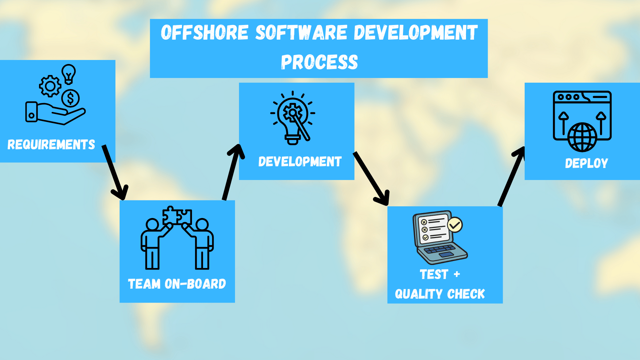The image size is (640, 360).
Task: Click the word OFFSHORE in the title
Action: [205, 33]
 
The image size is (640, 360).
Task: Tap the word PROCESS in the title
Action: [319, 62]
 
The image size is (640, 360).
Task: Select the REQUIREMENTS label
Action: [51, 145]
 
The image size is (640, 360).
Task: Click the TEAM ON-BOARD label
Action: [177, 284]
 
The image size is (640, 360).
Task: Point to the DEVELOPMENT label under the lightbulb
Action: [300, 162]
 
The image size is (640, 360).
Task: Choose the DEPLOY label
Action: [586, 163]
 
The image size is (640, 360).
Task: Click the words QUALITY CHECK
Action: [440, 294]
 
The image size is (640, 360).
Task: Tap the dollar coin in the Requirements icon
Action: [70, 98]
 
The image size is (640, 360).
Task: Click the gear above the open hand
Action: [50, 86]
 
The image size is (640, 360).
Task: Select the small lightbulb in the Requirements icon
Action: [69, 74]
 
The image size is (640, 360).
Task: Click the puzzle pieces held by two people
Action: [177, 216]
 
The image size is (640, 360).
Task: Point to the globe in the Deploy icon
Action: [582, 137]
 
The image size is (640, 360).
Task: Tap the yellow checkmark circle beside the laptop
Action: [455, 225]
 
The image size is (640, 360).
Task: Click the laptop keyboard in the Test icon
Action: [439, 249]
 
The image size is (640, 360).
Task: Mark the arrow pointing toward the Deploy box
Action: [511, 177]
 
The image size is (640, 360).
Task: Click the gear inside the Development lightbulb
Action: [292, 112]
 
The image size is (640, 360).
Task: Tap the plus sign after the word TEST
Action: [457, 274]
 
